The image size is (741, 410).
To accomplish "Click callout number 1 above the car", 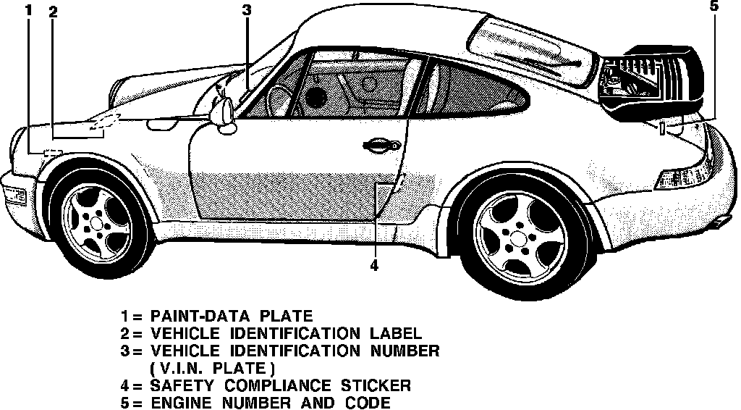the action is pyautogui.click(x=28, y=10).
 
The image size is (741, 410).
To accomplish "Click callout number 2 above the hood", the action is pyautogui.click(x=54, y=12).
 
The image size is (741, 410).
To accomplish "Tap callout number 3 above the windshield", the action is pyautogui.click(x=246, y=10).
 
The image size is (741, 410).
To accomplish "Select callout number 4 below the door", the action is pyautogui.click(x=374, y=266).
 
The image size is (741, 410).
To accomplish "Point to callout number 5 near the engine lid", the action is pyautogui.click(x=714, y=7).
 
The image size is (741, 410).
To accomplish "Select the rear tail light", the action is pyautogui.click(x=683, y=176).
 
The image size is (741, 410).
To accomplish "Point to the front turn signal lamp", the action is pyautogui.click(x=14, y=194).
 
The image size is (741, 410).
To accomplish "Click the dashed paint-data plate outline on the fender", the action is pyautogui.click(x=52, y=152).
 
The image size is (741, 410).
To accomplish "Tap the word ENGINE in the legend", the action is pyautogui.click(x=183, y=403).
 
